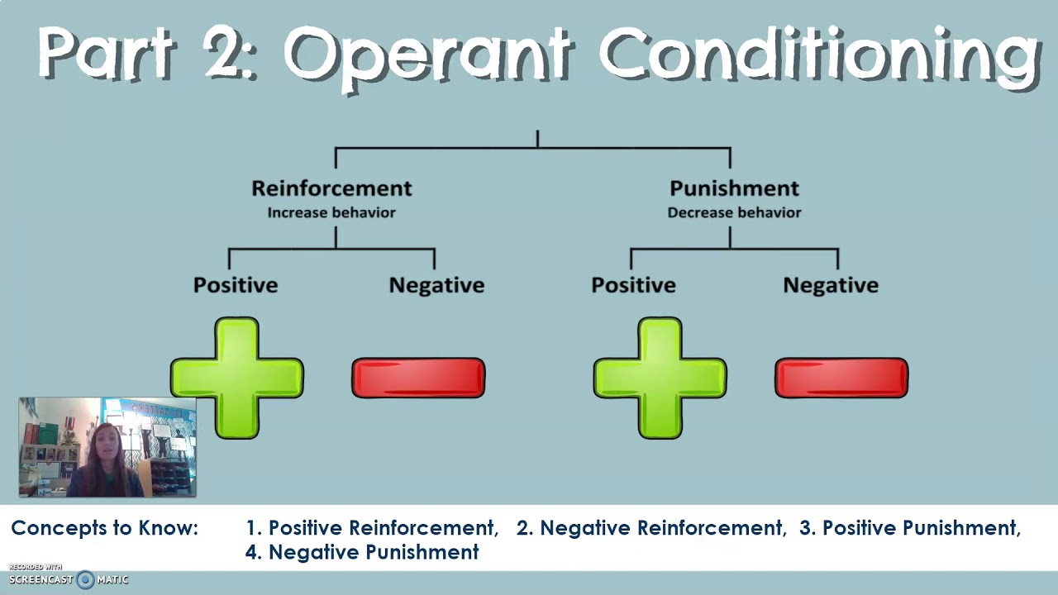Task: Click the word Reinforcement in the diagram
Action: (331, 188)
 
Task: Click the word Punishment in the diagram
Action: (734, 188)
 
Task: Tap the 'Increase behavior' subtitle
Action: (331, 212)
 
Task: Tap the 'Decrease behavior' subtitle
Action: (734, 212)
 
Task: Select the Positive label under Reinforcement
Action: (236, 285)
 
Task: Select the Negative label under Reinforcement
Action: (436, 285)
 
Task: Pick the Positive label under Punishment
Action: (633, 285)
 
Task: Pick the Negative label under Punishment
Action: (831, 285)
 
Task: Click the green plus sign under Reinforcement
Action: (237, 378)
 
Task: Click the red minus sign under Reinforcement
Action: (418, 378)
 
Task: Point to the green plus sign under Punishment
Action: (660, 378)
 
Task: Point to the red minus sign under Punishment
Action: (841, 378)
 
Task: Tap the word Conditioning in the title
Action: (818, 56)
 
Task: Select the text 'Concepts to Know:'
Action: (105, 528)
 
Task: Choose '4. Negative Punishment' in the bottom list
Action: (362, 552)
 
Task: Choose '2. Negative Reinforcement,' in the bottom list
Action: (651, 528)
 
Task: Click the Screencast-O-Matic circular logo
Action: (85, 579)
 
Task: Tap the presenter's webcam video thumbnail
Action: (107, 447)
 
